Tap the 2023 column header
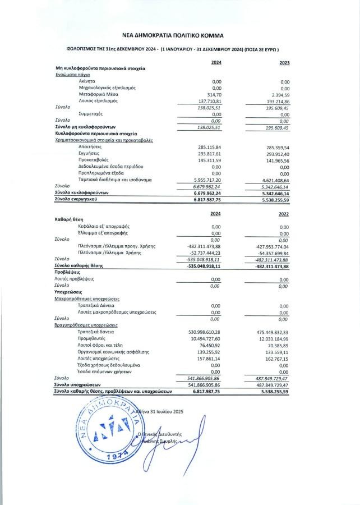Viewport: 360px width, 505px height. click(284, 62)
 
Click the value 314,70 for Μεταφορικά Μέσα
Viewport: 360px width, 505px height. click(215, 94)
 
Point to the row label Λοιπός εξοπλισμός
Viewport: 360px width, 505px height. click(99, 101)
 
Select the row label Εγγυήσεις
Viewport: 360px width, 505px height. click(90, 153)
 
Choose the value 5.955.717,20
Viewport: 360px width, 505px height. click(207, 180)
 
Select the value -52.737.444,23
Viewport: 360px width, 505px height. click(204, 252)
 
